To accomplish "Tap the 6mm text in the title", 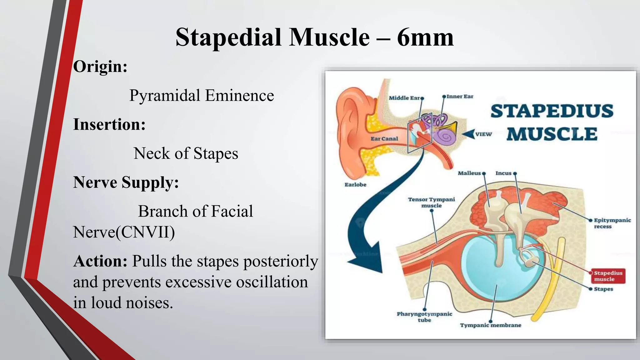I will click(425, 37).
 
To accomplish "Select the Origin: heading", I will click(100, 67).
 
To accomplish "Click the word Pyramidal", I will click(165, 95).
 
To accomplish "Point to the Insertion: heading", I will click(109, 124).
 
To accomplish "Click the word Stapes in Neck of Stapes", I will click(216, 153).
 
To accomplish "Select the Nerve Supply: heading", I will click(126, 182).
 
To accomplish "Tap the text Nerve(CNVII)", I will click(124, 232).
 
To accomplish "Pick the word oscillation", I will click(272, 282).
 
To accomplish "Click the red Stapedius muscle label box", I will click(608, 276).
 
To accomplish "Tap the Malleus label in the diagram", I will click(469, 173).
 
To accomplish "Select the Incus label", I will click(503, 173).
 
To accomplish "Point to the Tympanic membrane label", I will click(490, 325).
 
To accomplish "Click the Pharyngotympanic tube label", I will click(424, 317).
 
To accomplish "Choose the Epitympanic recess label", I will click(612, 223).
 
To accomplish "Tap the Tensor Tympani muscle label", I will click(431, 202).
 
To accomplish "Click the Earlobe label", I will click(355, 185).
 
